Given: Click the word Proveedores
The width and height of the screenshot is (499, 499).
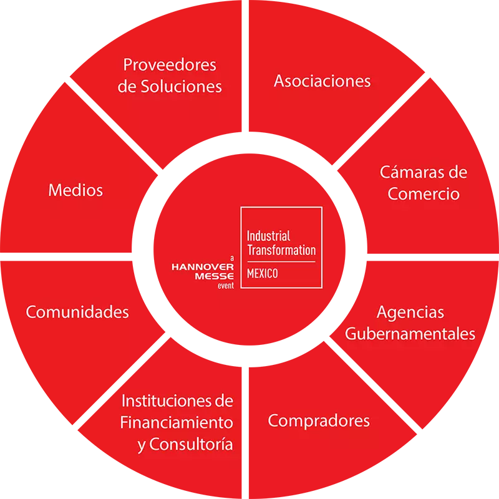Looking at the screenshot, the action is tap(170, 65).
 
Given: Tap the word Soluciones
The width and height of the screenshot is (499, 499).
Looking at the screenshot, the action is tap(181, 87).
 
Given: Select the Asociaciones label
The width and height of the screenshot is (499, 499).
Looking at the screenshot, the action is tap(322, 81).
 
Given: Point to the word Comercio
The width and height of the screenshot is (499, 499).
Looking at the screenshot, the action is tap(424, 194).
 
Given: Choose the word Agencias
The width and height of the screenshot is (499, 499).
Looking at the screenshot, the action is tap(410, 313).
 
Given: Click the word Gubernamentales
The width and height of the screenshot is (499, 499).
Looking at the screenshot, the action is tap(410, 334).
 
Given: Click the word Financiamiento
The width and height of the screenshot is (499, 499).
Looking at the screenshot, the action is tap(177, 423).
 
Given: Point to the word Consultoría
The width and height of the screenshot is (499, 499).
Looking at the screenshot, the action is tap(191, 444).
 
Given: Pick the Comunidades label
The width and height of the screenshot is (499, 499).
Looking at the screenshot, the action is tap(77, 312).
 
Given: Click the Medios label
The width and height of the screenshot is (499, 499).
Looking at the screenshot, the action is tap(75, 190).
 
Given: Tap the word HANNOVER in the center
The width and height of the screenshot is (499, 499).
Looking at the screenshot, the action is tap(203, 267).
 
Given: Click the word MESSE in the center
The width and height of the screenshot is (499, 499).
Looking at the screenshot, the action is tap(215, 276).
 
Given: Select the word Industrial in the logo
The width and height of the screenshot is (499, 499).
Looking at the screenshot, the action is tap(269, 236).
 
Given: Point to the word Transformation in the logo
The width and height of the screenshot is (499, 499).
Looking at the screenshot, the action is tap(282, 250).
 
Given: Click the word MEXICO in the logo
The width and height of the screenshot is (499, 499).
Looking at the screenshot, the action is tap(263, 273).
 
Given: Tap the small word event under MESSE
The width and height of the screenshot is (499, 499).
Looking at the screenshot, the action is tap(226, 286).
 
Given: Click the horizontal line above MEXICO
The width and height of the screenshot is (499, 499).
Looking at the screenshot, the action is tap(281, 262).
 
